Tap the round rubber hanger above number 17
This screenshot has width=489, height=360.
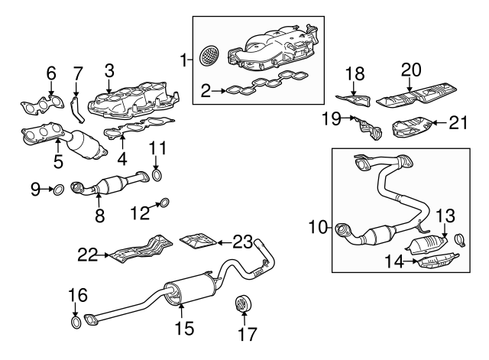242,304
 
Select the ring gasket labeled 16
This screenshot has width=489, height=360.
76,323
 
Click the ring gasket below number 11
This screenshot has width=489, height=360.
157,177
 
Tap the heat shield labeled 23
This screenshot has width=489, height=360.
196,242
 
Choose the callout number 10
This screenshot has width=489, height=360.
319,227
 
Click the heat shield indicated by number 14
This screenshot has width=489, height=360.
432,263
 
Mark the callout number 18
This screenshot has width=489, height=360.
356,73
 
